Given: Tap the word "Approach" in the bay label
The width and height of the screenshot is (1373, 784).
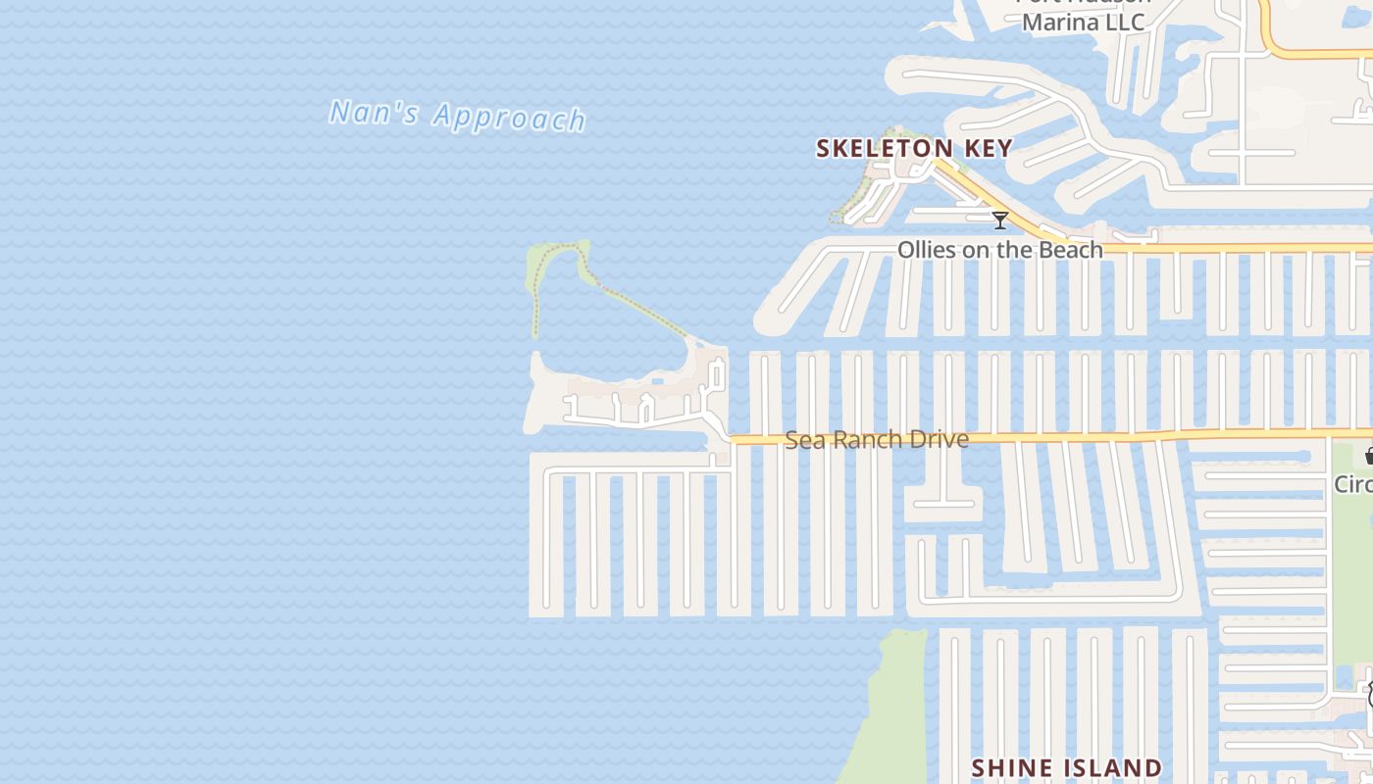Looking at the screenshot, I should (x=509, y=118).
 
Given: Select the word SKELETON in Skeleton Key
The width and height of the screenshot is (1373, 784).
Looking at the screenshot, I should (x=884, y=148).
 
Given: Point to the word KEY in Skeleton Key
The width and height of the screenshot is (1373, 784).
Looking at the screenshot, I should (x=988, y=148).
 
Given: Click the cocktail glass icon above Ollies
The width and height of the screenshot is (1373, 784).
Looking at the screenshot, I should (x=999, y=220).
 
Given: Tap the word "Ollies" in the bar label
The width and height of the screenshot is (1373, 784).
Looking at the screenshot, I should (x=927, y=250).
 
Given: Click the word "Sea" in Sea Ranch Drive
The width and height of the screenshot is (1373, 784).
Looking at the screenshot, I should (x=805, y=440).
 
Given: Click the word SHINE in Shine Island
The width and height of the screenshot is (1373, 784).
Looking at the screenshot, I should (x=1013, y=767).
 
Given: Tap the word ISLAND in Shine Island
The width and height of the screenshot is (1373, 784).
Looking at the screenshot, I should (x=1112, y=767).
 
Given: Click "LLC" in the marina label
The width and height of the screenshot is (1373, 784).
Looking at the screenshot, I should (x=1126, y=22).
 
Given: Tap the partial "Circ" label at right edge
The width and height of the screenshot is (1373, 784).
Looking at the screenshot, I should (x=1353, y=484).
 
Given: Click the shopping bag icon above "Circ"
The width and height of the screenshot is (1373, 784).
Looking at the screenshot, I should (x=1368, y=456).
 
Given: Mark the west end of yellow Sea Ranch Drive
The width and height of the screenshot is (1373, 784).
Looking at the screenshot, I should (x=734, y=440).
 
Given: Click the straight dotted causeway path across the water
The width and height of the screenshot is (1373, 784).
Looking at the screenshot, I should (x=642, y=311).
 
